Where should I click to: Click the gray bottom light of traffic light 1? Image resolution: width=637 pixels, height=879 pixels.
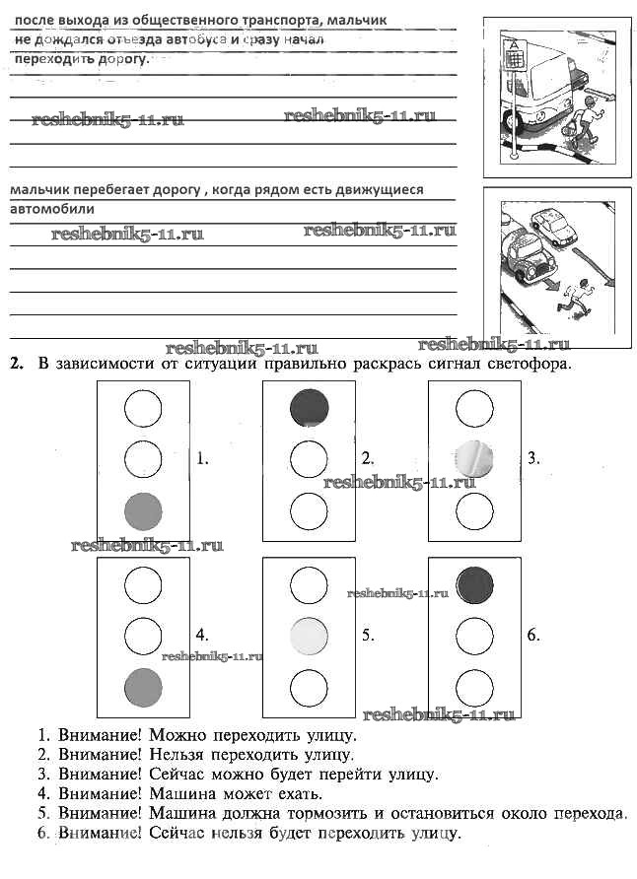[x=144, y=510]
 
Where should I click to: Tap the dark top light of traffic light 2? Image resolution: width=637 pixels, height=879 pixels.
[x=310, y=406]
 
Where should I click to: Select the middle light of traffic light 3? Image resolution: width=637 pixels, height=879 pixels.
[x=474, y=457]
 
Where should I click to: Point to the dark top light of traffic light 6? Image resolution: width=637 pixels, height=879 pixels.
[x=474, y=583]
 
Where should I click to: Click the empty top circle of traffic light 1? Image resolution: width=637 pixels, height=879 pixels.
[x=144, y=406]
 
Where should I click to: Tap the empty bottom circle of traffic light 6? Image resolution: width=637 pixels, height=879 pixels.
[x=474, y=686]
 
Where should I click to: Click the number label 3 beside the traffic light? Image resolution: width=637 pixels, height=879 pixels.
[x=532, y=458]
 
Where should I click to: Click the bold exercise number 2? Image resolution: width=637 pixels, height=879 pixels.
[x=16, y=364]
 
